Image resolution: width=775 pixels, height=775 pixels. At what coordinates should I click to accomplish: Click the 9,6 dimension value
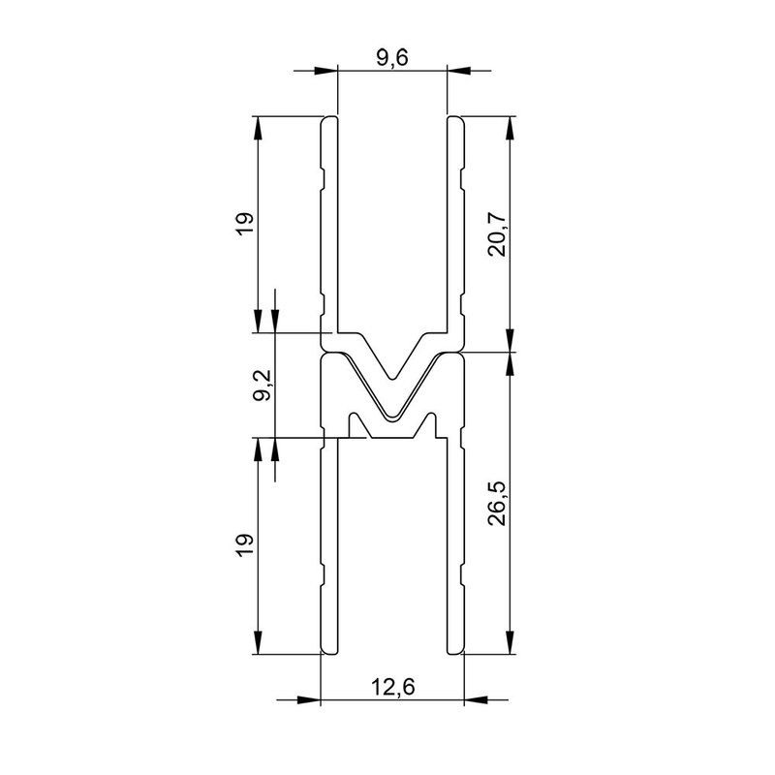click(x=392, y=58)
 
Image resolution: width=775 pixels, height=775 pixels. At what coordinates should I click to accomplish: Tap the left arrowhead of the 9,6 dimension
click(x=327, y=71)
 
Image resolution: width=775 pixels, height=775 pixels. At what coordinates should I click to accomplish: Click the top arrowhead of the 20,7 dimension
click(x=510, y=126)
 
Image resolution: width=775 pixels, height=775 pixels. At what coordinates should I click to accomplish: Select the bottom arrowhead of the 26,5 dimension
click(x=510, y=644)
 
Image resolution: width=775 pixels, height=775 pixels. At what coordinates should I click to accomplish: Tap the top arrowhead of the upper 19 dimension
click(x=259, y=126)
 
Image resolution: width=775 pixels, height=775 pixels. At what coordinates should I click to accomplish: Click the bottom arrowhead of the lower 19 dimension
click(x=259, y=644)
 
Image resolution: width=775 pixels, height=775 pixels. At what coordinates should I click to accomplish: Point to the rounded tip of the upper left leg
click(x=328, y=120)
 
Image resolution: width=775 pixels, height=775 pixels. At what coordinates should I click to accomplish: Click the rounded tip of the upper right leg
click(x=455, y=120)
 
